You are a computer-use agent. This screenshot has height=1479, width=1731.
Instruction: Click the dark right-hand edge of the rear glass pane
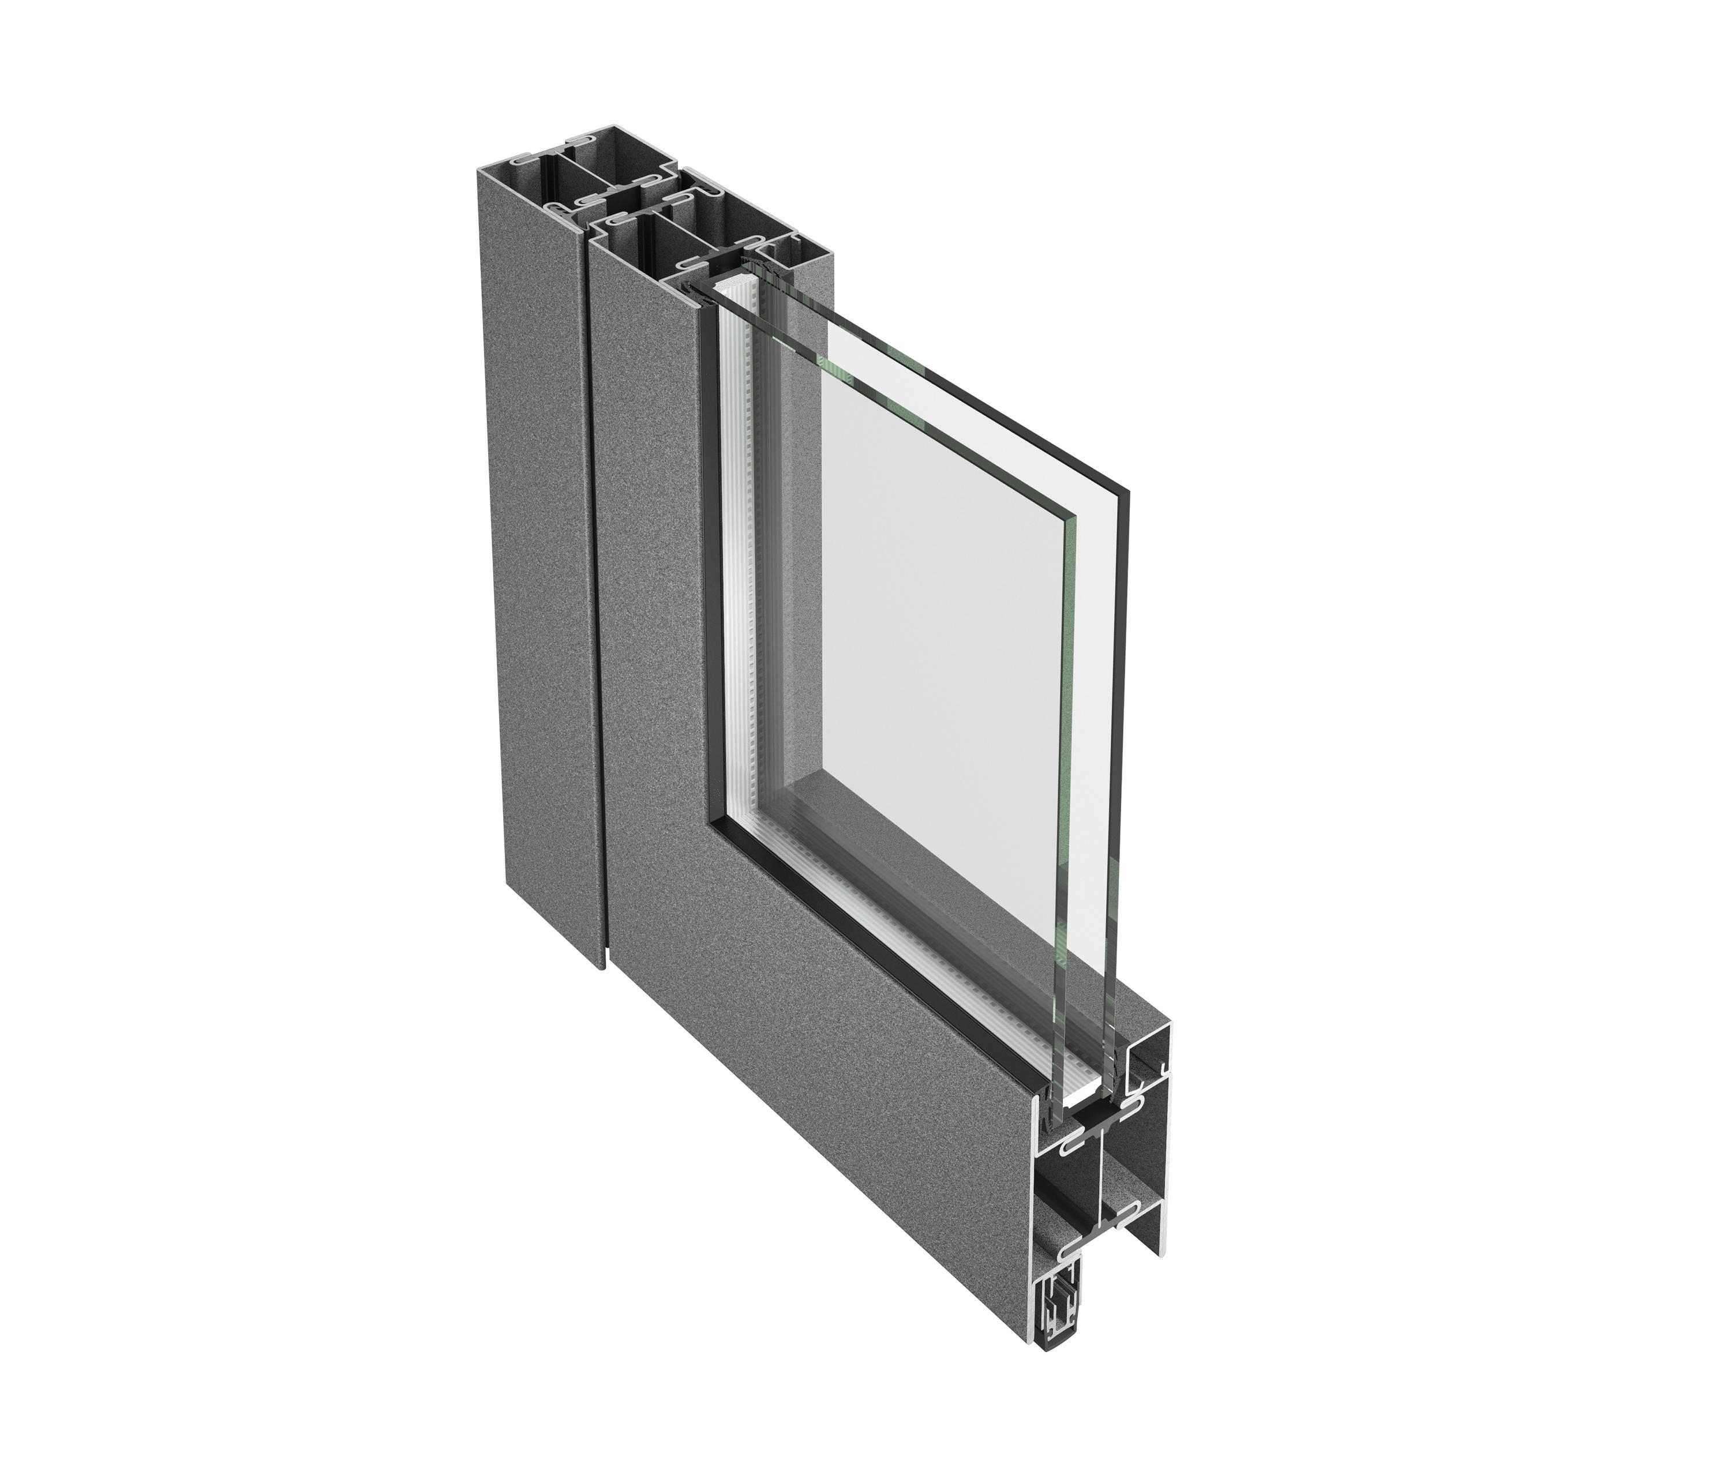coord(1125,752)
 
